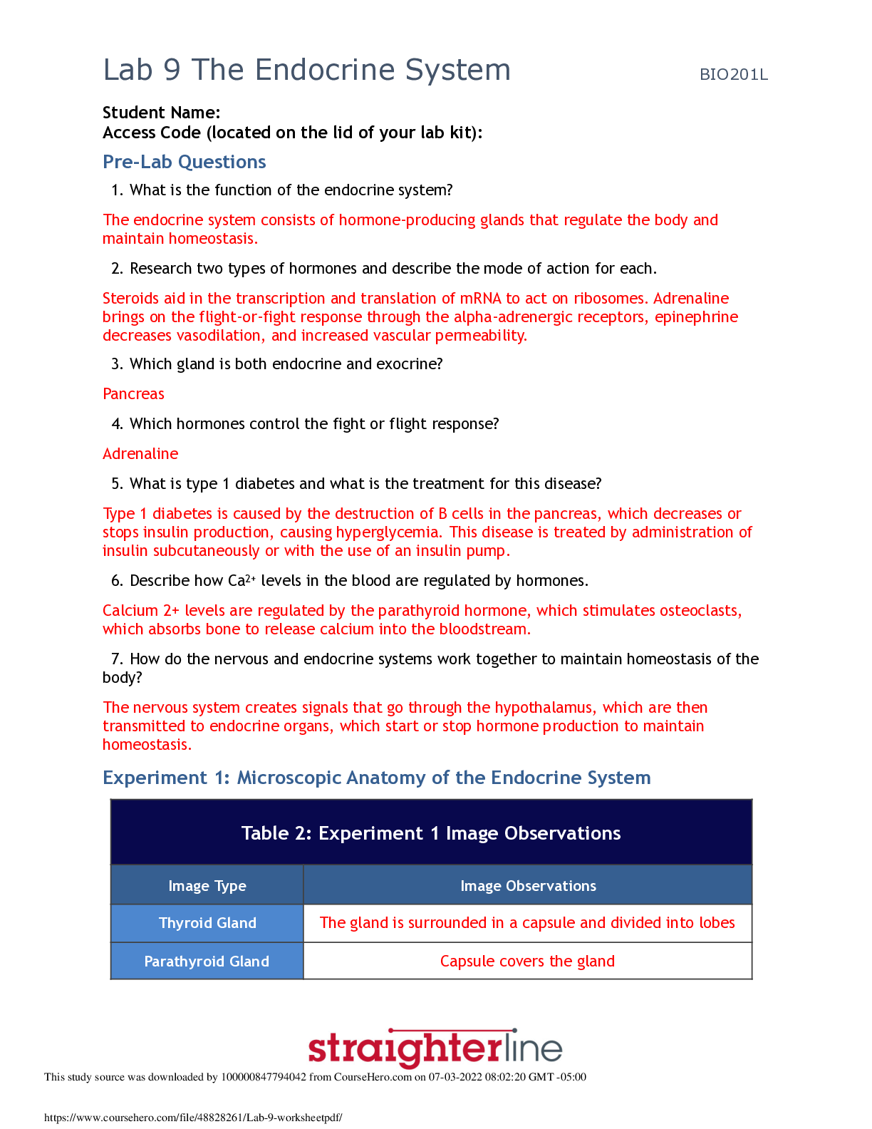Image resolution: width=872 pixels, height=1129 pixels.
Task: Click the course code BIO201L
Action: [x=733, y=75]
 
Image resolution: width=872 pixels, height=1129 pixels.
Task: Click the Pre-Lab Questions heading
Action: [x=184, y=162]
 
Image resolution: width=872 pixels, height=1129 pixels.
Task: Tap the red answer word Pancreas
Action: [x=133, y=394]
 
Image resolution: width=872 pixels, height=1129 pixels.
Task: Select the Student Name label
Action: [x=161, y=113]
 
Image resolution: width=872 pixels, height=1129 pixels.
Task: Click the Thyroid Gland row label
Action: [x=207, y=923]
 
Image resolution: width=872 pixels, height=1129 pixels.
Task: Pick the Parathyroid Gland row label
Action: [x=207, y=962]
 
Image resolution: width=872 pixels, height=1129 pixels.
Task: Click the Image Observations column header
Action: [x=528, y=886]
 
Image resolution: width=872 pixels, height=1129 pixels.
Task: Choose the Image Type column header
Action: [x=207, y=886]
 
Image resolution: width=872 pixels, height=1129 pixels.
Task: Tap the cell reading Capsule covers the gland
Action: [x=527, y=962]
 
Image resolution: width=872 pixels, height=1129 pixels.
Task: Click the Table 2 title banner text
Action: [x=431, y=833]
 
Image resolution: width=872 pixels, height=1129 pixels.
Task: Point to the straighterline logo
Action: [x=435, y=1048]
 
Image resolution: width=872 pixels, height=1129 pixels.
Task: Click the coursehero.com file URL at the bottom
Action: [x=193, y=1118]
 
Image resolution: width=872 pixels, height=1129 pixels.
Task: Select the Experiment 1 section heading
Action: [x=376, y=778]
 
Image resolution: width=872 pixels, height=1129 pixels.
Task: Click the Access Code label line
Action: [x=292, y=133]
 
